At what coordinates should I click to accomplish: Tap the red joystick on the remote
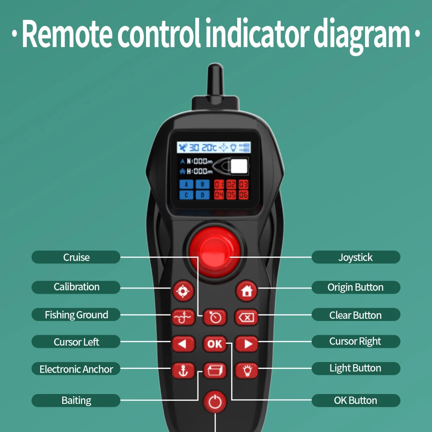coord(215,252)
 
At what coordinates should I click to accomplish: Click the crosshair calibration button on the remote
coord(183,291)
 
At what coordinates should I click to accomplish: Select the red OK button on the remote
coord(215,344)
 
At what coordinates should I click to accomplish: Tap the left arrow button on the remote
coord(183,344)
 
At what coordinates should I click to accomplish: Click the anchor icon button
coord(183,371)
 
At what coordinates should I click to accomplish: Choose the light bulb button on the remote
coord(247,371)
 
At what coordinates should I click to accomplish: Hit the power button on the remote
coord(215,402)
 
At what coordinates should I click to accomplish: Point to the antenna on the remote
coord(215,80)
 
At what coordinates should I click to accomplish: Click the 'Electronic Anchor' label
coord(76,369)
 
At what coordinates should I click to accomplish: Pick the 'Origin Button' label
coord(356,287)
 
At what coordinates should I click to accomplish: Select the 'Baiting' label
coord(76,400)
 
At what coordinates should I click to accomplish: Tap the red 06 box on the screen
coord(244,195)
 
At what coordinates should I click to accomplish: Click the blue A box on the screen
coord(186,184)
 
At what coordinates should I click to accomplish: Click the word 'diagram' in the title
coord(362,35)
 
